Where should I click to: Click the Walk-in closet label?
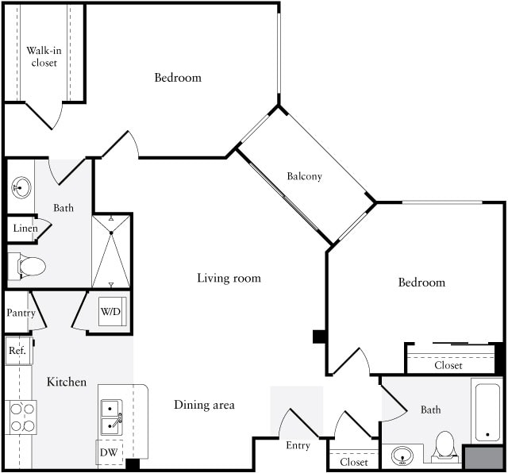[x=44, y=56]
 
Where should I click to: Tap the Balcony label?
[x=304, y=176]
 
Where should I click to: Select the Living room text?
[x=229, y=278]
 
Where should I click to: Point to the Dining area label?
[x=204, y=405]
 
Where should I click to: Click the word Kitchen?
[x=67, y=382]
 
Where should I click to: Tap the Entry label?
[x=298, y=445]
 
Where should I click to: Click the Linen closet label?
[x=24, y=229]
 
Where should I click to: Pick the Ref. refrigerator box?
[x=17, y=350]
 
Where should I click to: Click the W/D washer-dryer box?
[x=110, y=311]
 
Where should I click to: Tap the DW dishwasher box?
[x=110, y=453]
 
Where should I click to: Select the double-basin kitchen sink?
[x=110, y=417]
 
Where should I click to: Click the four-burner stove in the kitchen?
[x=21, y=416]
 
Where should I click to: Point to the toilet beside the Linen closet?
[x=30, y=267]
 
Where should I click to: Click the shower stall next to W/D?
[x=111, y=251]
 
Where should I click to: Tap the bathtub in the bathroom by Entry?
[x=486, y=411]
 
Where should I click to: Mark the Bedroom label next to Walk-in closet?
[x=178, y=78]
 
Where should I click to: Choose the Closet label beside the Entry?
[x=353, y=462]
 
